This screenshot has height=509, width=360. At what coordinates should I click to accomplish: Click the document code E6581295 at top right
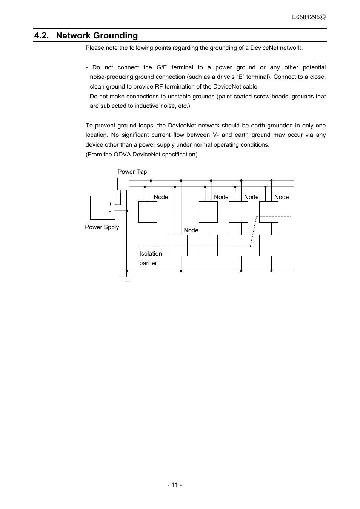coord(306,17)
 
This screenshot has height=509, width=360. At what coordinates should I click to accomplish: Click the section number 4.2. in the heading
coord(42,36)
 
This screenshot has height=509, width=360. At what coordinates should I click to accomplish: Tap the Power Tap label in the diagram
coord(132,172)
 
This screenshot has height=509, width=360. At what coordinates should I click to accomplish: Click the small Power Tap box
coord(123,184)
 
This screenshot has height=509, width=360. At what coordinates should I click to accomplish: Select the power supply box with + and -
coord(102,208)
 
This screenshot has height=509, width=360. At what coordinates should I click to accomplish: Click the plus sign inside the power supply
coord(110,204)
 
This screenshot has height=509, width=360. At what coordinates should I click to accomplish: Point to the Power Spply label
coord(102,227)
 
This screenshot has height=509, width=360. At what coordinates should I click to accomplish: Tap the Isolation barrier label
coord(150,258)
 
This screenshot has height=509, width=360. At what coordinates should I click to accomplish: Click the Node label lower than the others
coord(191,230)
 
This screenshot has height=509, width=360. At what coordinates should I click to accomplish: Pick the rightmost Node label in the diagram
coord(282,197)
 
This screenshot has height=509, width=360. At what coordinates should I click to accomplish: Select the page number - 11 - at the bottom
coord(175,485)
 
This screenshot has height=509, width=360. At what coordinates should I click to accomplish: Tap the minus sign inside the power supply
coord(110,211)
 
